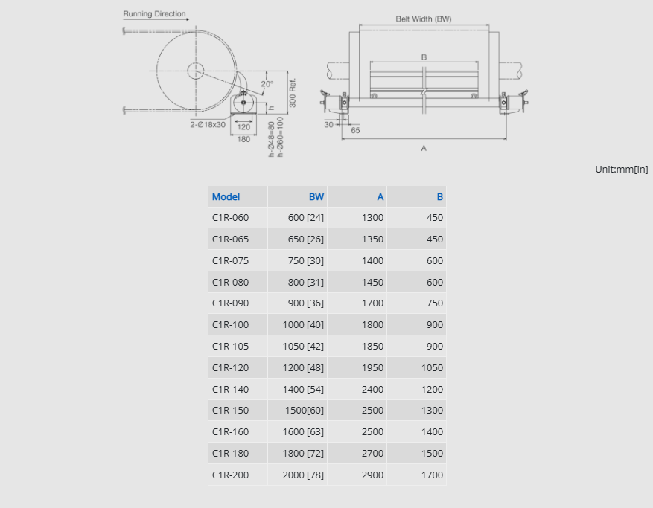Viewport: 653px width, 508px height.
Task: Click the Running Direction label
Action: tap(154, 13)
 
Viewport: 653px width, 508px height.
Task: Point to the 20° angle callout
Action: tap(267, 84)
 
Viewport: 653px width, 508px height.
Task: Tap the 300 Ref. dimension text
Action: tap(293, 93)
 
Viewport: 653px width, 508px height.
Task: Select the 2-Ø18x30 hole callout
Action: tap(208, 124)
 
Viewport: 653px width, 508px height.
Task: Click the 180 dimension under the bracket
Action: tap(243, 139)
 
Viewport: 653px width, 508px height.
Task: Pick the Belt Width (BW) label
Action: tap(424, 19)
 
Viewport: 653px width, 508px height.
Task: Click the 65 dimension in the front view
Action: tap(355, 130)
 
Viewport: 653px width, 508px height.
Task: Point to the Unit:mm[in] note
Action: tap(621, 170)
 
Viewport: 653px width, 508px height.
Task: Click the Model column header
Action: tap(226, 197)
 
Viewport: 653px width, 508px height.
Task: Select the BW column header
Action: tap(316, 197)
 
